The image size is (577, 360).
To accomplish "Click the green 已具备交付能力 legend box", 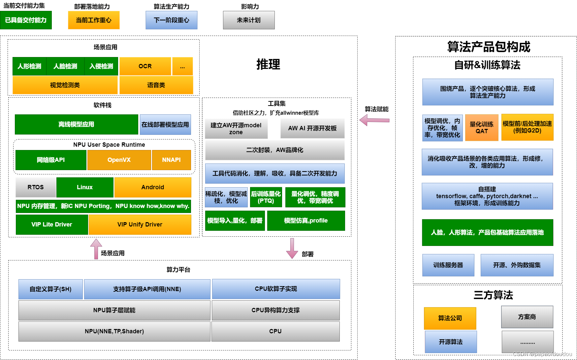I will pyautogui.click(x=26, y=20).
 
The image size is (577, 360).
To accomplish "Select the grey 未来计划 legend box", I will pyautogui.click(x=249, y=20).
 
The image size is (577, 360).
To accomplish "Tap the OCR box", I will pyautogui.click(x=145, y=66).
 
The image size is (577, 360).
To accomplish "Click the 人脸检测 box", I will pyautogui.click(x=65, y=66).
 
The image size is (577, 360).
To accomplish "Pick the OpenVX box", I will pyautogui.click(x=119, y=160).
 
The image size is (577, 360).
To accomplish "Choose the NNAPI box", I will pyautogui.click(x=171, y=160).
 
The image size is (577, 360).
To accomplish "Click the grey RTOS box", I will pyautogui.click(x=36, y=187).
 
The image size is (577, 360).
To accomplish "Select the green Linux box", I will pyautogui.click(x=85, y=187).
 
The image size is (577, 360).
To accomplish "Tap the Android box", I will pyautogui.click(x=153, y=187).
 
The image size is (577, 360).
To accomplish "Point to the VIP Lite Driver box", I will pyautogui.click(x=52, y=225).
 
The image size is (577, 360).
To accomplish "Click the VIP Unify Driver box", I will pyautogui.click(x=140, y=225).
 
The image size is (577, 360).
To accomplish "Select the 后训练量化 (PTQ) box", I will pyautogui.click(x=266, y=197).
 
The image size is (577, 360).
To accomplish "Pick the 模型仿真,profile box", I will pyautogui.click(x=306, y=221).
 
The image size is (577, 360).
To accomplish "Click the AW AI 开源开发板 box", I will pyautogui.click(x=312, y=128).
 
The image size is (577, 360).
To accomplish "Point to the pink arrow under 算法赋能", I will pyautogui.click(x=374, y=120).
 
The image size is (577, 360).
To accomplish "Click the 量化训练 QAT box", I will pyautogui.click(x=482, y=128).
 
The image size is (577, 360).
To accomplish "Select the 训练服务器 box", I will pyautogui.click(x=448, y=265).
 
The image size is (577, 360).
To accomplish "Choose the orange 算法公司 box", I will pyautogui.click(x=450, y=318).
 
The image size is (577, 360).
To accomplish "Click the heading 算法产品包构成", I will pyautogui.click(x=489, y=47).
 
